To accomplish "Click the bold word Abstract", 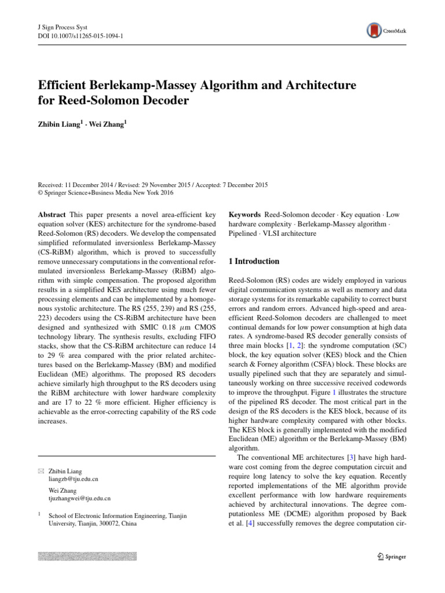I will pos(52,214).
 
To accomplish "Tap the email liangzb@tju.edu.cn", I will pos(73,479).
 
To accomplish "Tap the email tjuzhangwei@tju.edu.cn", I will pos(79,498).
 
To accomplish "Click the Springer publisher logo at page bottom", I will pos(392,557).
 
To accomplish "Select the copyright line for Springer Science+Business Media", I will pos(105,193).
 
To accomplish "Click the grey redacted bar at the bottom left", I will pos(87,556).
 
